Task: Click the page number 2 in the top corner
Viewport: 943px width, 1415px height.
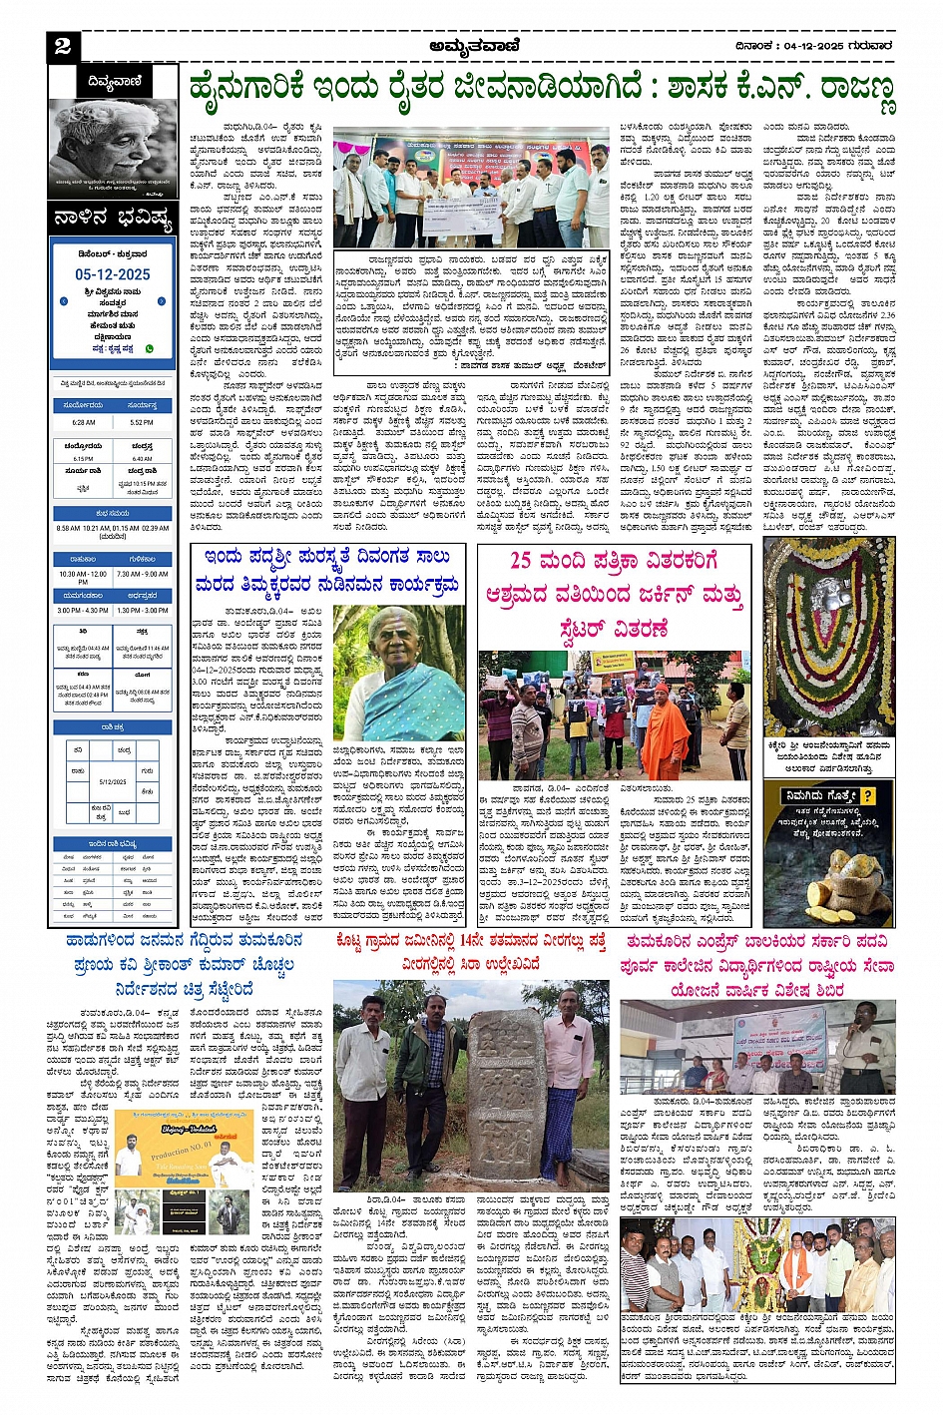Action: [x=63, y=47]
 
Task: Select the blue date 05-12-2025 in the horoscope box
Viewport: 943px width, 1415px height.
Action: [x=113, y=274]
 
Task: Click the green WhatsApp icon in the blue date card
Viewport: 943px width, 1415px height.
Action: [x=150, y=349]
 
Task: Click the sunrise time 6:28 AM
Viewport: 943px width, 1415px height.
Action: [x=84, y=422]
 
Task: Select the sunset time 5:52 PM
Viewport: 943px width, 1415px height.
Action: [x=142, y=422]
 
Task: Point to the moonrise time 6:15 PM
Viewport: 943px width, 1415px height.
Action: [x=84, y=459]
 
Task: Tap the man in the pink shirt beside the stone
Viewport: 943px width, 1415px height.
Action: [x=570, y=1068]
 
